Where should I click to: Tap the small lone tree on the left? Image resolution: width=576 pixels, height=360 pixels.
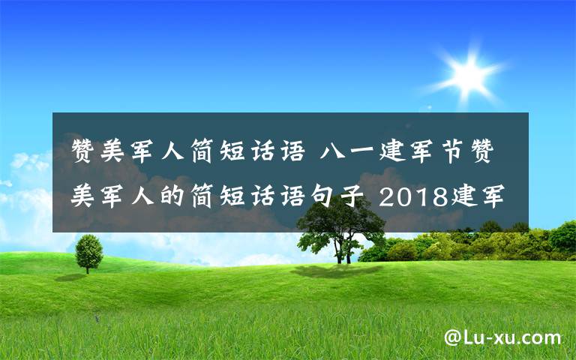88,250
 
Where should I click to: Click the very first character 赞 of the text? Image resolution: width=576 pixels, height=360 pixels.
85,151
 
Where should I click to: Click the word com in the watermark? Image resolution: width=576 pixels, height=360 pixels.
544,338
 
